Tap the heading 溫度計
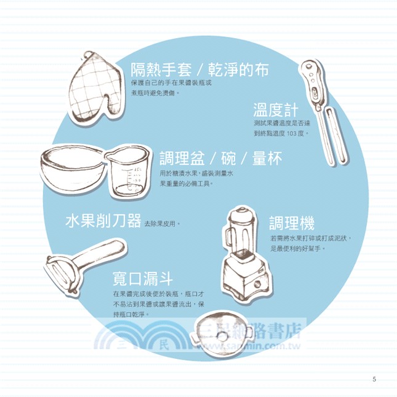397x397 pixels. tap(276, 110)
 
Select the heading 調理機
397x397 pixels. tap(292, 223)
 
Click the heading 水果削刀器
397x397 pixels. tap(103, 220)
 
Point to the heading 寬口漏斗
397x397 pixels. tap(143, 278)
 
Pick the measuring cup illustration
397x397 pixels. tap(127, 172)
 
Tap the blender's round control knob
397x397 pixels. tap(257, 284)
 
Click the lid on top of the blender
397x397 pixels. tap(242, 215)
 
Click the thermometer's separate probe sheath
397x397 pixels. tap(335, 135)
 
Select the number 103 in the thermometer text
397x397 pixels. tap(291, 134)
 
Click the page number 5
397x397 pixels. tap(374, 379)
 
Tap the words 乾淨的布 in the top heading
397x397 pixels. tap(238, 70)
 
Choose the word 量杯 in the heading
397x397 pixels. tap(267, 158)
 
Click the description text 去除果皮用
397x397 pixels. tap(160, 223)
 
